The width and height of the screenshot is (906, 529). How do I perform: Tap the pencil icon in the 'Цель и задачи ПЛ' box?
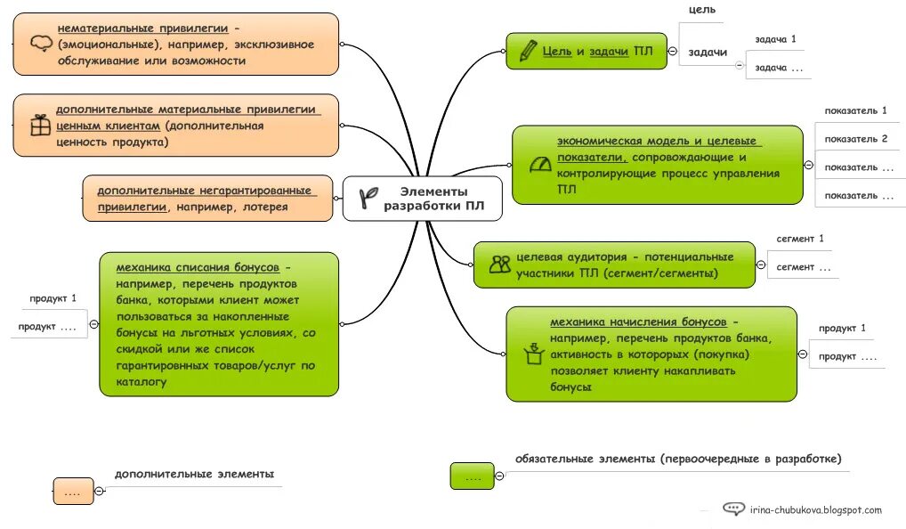pos(528,50)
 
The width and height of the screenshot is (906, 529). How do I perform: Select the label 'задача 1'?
pos(774,40)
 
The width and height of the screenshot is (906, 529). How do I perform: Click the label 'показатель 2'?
pos(855,139)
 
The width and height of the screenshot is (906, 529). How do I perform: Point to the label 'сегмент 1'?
pos(799,239)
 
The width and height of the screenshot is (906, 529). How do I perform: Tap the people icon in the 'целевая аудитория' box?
pos(499,264)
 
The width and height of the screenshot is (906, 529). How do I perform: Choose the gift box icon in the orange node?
pos(40,125)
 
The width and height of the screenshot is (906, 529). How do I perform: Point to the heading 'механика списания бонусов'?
pos(197,267)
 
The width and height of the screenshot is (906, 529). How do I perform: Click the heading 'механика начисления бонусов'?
pos(637,321)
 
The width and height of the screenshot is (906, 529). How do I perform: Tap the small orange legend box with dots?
pos(73,491)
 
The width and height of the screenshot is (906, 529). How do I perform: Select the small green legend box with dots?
pos(472,476)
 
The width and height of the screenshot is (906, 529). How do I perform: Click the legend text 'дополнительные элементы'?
pos(194,474)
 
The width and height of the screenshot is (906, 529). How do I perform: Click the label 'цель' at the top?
pos(701,10)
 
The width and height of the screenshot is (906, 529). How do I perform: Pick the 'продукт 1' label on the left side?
pos(53,298)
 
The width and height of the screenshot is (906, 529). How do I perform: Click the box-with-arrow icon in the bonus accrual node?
pos(534,354)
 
